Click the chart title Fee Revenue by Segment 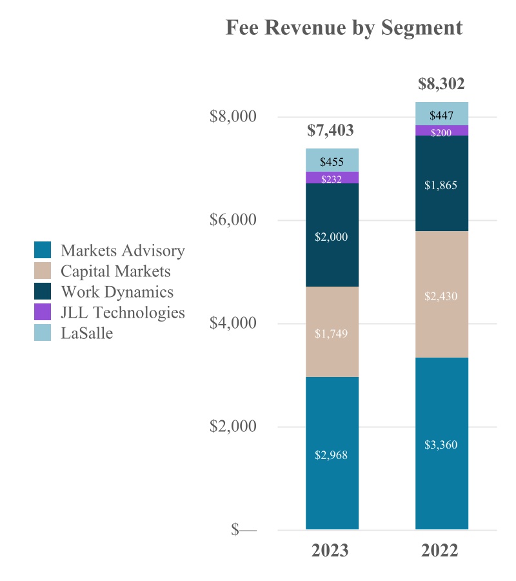click(x=344, y=28)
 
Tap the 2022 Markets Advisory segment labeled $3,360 click(x=441, y=443)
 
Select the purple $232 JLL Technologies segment click(x=332, y=178)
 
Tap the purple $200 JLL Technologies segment click(x=441, y=131)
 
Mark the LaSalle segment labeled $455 click(x=332, y=161)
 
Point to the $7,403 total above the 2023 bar click(x=330, y=130)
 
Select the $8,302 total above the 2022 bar click(x=441, y=84)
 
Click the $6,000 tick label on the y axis click(x=233, y=220)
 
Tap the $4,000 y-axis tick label click(x=233, y=323)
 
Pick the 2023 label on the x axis click(x=330, y=551)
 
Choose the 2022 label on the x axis click(x=440, y=551)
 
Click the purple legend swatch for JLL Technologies click(x=43, y=312)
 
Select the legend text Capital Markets click(x=115, y=271)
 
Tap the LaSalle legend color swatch click(x=43, y=333)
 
